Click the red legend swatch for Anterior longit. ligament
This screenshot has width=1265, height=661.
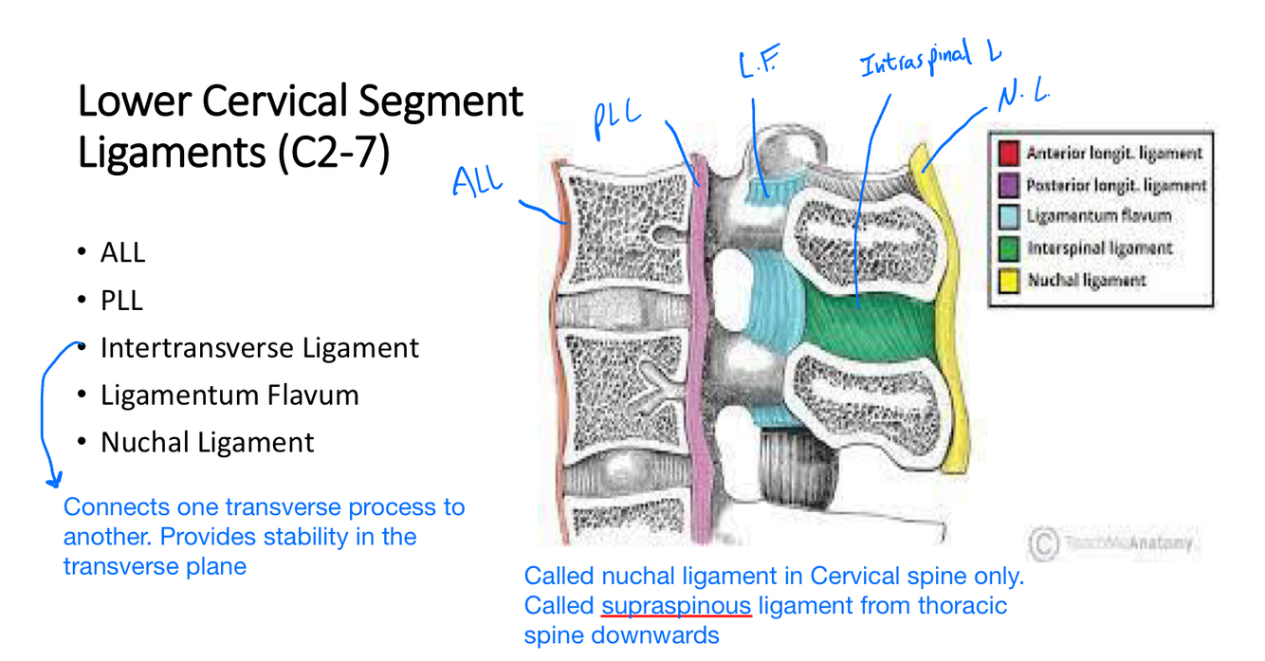tap(1008, 153)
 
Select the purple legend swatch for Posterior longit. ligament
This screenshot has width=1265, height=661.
tap(1008, 185)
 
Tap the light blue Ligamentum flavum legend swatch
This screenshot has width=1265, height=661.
tap(1008, 216)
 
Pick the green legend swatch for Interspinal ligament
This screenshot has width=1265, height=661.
tap(1008, 248)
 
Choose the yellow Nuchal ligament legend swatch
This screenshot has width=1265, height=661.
tap(1008, 281)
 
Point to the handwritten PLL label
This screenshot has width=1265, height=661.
tap(617, 119)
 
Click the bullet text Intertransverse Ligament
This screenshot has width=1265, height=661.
tap(259, 348)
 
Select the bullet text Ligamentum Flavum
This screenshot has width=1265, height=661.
tap(229, 395)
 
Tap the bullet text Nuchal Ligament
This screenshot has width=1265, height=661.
tap(207, 442)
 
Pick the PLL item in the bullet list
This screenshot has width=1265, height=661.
tap(121, 301)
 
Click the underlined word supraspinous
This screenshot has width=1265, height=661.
tap(676, 605)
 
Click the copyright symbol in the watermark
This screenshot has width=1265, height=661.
tap(1042, 543)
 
